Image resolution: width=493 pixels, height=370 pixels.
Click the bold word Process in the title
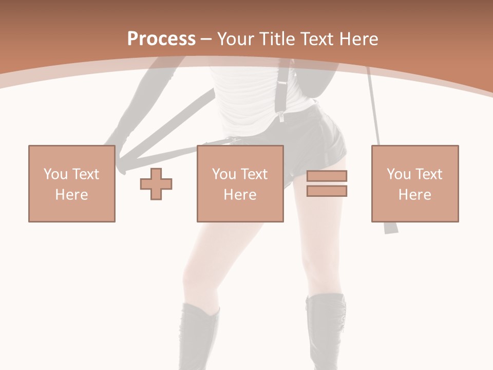tap(161, 39)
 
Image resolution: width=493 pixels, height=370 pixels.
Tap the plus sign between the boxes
tap(156, 183)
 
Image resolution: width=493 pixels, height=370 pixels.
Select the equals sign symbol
tap(327, 183)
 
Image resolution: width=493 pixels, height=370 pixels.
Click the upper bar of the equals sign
tap(327, 176)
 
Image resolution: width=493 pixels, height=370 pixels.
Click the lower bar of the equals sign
tap(327, 191)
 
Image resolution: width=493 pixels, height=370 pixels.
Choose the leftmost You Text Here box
tap(72, 183)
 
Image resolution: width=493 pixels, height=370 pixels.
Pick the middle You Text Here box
tap(240, 183)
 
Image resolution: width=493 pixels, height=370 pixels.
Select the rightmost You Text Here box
tap(415, 183)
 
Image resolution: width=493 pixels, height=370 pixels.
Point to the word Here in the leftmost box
tap(72, 195)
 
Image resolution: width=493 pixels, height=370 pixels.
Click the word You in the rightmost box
tap(399, 174)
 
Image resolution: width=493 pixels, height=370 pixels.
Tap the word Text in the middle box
tap(254, 174)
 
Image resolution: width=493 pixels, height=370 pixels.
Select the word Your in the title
tap(236, 39)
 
